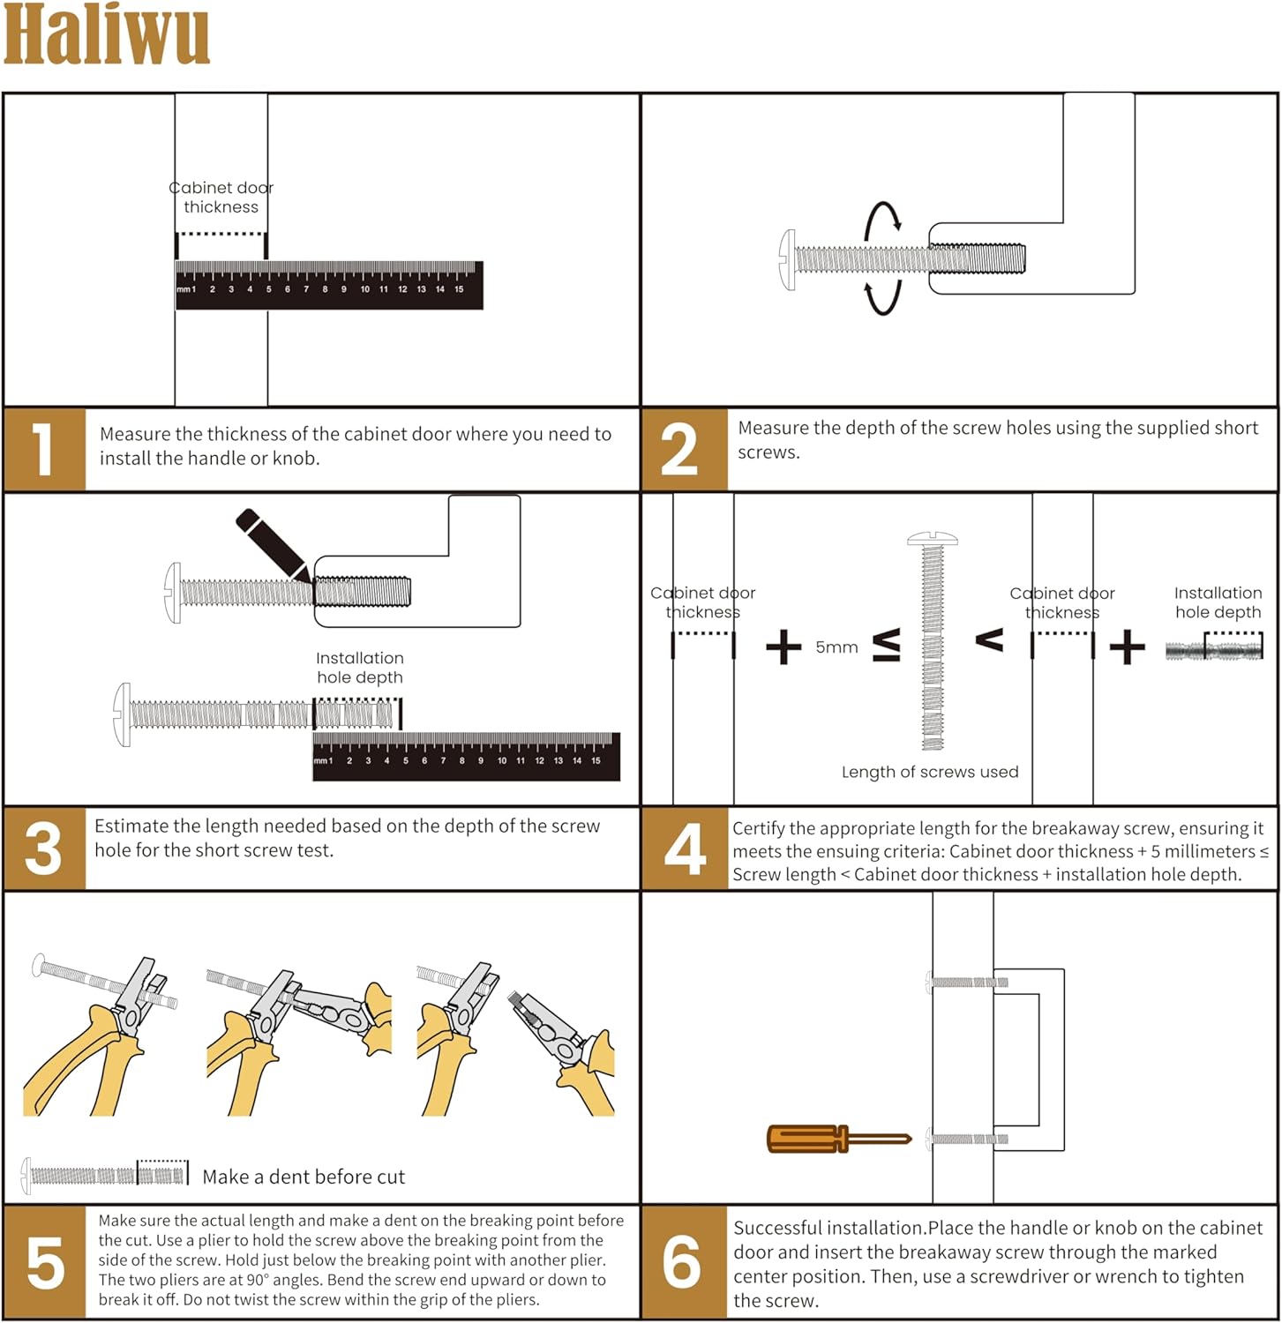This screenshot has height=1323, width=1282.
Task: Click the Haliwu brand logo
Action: pos(106,35)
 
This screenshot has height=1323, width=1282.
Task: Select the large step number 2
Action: pos(679,450)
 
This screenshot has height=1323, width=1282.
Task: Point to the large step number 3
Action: pos(43,848)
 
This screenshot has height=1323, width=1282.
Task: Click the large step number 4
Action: pos(685,848)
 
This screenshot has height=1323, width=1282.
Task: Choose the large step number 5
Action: pos(45,1263)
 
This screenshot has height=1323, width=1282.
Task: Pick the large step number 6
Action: pos(682,1263)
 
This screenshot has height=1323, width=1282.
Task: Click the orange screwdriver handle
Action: pos(805,1139)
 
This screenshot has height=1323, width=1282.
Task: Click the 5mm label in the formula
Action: pos(836,647)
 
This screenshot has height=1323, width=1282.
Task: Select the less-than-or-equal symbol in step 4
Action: pos(887,646)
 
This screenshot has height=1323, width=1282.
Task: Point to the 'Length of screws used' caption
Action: pos(930,772)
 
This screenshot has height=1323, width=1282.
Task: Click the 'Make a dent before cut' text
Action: pos(304,1177)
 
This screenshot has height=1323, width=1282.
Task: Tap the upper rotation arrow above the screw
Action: pos(882,220)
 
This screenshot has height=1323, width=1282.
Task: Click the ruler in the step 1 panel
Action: pos(329,285)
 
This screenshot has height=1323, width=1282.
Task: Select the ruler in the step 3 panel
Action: pos(466,757)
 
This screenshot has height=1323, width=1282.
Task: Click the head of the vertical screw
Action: pos(933,538)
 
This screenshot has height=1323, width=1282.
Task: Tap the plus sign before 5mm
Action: pos(783,647)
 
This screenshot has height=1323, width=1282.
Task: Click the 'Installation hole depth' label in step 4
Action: pos(1218,602)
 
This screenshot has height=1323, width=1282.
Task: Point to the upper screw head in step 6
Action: pos(929,982)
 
